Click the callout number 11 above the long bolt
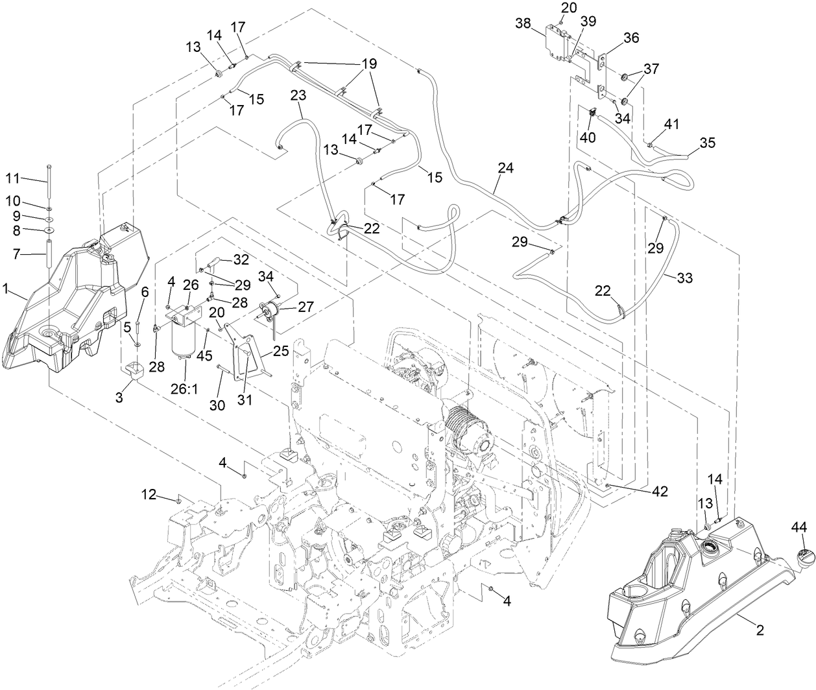pyautogui.click(x=14, y=177)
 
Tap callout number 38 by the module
pyautogui.click(x=523, y=23)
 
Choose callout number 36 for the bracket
pyautogui.click(x=631, y=38)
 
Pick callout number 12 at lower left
pyautogui.click(x=149, y=496)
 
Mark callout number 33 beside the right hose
pyautogui.click(x=684, y=278)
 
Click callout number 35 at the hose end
pyautogui.click(x=707, y=143)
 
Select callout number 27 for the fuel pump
pyautogui.click(x=305, y=308)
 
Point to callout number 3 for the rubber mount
pyautogui.click(x=119, y=398)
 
